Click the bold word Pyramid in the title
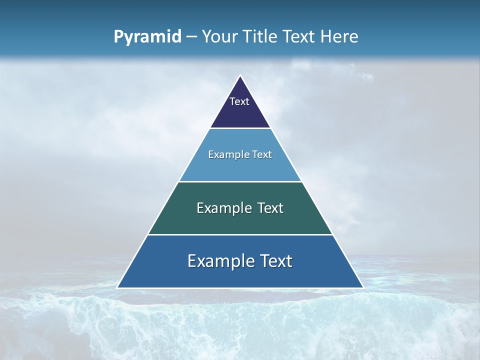click(147, 37)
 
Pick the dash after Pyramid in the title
click(191, 37)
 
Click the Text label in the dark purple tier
click(239, 101)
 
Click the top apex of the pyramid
click(240, 76)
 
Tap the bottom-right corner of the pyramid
click(363, 287)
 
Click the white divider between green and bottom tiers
click(240, 234)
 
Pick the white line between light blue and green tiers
click(240, 181)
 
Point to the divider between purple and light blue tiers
click(240, 128)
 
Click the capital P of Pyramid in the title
click(118, 37)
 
